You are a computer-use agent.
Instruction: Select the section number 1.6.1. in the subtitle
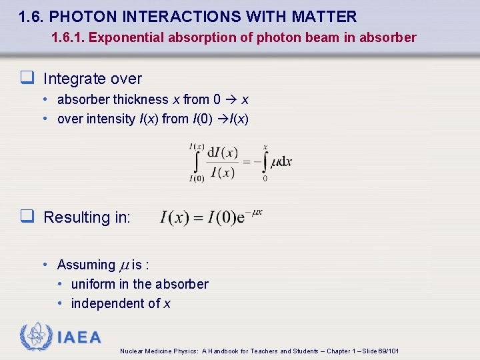pyautogui.click(x=68, y=37)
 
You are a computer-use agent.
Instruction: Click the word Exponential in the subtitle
pyautogui.click(x=123, y=37)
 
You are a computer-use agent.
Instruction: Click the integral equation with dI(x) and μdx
pyautogui.click(x=241, y=161)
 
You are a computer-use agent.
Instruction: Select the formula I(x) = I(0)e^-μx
pyautogui.click(x=211, y=217)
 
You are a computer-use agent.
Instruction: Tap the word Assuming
pyautogui.click(x=86, y=265)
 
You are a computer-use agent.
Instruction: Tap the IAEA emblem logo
pyautogui.click(x=35, y=337)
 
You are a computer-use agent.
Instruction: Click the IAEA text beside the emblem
pyautogui.click(x=79, y=337)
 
